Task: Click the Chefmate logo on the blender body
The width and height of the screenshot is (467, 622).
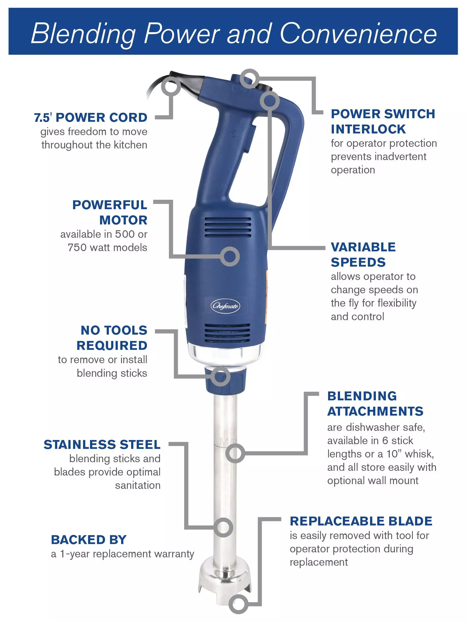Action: (x=226, y=306)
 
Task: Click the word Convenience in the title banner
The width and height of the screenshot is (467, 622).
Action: (x=358, y=34)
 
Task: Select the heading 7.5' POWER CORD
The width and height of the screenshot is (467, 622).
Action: (x=91, y=118)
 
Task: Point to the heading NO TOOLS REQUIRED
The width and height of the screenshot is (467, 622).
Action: (x=112, y=338)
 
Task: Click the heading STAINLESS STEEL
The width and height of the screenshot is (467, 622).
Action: (x=102, y=444)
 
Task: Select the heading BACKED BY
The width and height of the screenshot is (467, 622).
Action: (x=89, y=540)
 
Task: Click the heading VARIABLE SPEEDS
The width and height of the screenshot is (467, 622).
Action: (x=363, y=254)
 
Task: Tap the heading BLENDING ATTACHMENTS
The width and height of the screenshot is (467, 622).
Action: (x=375, y=403)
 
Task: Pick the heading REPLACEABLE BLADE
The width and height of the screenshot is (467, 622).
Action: (x=361, y=521)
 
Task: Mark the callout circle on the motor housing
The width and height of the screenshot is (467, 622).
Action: (x=230, y=256)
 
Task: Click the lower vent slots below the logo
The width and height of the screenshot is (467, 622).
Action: (x=227, y=333)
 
